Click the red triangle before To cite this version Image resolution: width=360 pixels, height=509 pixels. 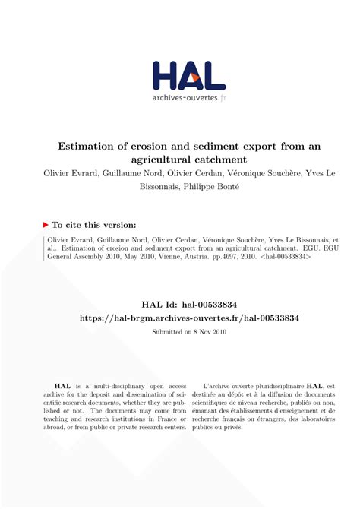pos(46,225)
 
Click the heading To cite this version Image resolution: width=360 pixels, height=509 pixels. pos(94,225)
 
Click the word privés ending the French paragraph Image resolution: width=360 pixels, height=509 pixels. pos(254,427)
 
